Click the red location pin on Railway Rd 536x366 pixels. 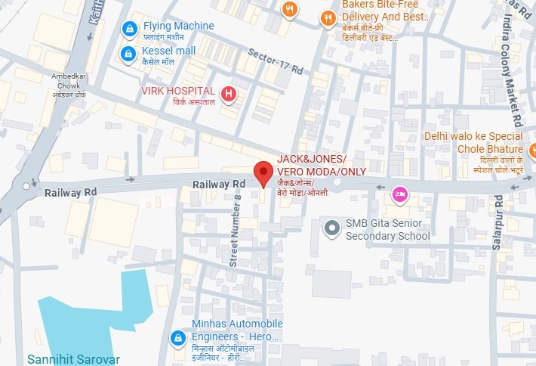[x=262, y=172]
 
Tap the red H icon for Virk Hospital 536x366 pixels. [x=230, y=94]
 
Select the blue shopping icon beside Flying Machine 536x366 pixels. [x=129, y=29]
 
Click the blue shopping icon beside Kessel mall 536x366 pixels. [x=129, y=54]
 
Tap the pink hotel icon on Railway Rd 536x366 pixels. [x=400, y=194]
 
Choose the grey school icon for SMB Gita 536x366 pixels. [x=331, y=227]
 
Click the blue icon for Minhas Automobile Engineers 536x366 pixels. [x=177, y=337]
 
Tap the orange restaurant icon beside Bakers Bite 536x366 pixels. [x=327, y=17]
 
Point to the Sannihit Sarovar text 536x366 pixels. [x=73, y=358]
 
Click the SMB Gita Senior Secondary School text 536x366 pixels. [x=387, y=230]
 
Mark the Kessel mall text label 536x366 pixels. [x=168, y=51]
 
